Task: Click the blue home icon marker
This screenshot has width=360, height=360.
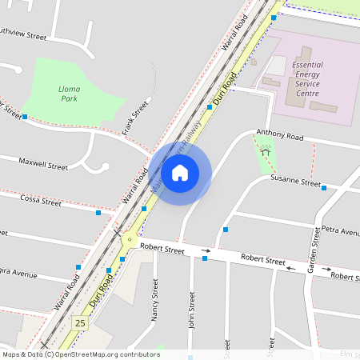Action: [180, 172]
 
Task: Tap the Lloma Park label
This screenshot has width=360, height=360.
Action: [70, 94]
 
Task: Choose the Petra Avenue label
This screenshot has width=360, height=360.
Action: [341, 230]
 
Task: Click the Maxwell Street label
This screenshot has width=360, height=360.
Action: [44, 166]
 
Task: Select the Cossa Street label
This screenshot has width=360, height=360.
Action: [41, 202]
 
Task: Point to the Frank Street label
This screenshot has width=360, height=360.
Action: [136, 116]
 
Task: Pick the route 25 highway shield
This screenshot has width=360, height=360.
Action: [79, 322]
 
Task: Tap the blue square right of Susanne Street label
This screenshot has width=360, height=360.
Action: [324, 188]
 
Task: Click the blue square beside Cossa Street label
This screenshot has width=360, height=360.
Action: [98, 213]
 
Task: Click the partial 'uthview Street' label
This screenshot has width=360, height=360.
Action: [24, 35]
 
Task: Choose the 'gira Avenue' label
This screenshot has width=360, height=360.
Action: [18, 274]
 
